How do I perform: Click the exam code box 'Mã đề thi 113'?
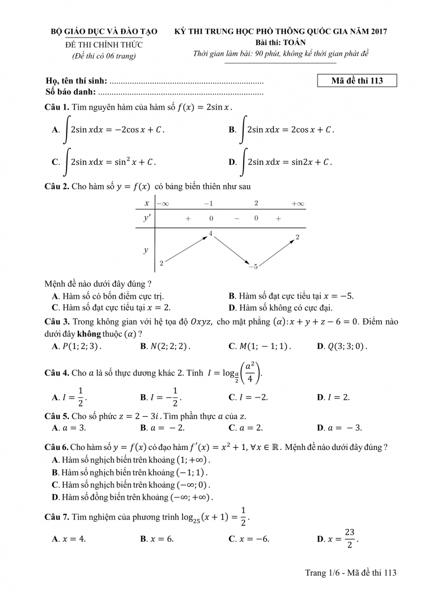coord(358,81)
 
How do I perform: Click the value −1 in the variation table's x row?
coord(208,203)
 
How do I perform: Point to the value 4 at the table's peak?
coord(210,233)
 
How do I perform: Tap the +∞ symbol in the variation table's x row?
coord(297,203)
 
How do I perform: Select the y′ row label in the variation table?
coord(147,218)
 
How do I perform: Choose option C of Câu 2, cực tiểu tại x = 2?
coord(111,308)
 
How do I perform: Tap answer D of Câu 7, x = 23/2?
coord(338,539)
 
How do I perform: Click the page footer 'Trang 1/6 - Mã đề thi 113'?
coord(351,572)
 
